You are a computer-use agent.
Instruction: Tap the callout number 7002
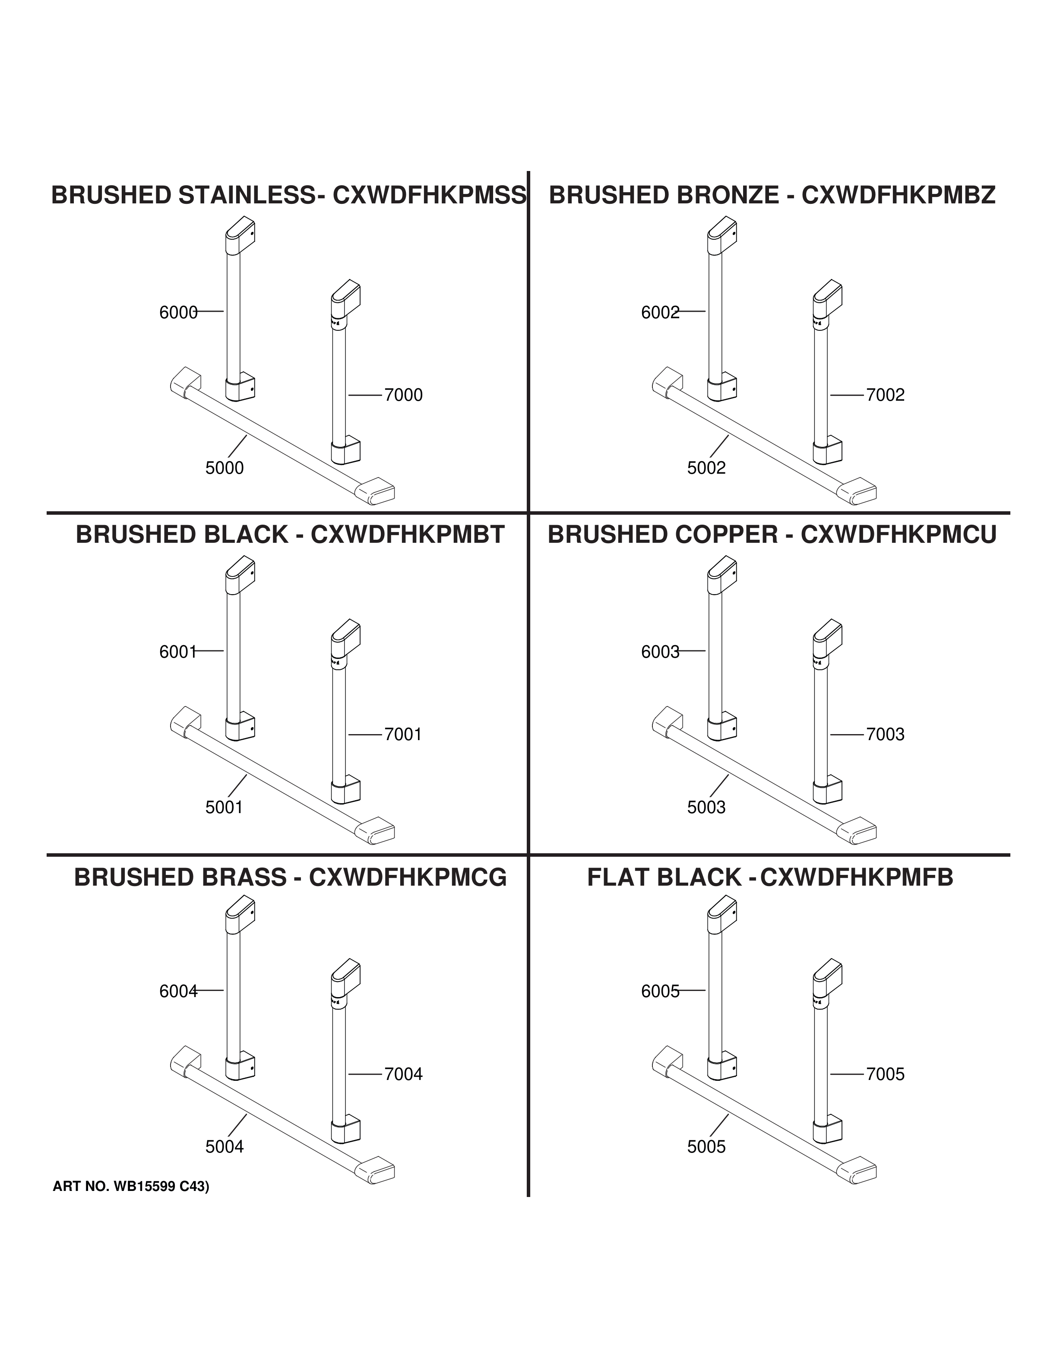pos(886,395)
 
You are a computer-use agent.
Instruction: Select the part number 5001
pos(224,807)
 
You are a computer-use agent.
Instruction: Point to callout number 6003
pos(660,652)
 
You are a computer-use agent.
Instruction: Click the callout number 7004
pos(403,1074)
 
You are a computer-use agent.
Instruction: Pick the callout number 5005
pos(706,1147)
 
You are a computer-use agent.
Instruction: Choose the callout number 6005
pos(660,991)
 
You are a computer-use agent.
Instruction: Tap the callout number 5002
pos(706,468)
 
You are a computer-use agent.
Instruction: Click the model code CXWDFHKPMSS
pos(430,196)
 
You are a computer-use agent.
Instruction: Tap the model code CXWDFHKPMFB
pos(857,877)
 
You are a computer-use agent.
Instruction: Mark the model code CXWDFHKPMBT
pos(408,535)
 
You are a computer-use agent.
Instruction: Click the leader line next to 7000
pos(365,395)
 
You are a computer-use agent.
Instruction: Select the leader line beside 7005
pos(847,1074)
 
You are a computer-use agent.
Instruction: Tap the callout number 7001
pos(403,735)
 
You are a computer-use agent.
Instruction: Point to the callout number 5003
pos(706,807)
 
